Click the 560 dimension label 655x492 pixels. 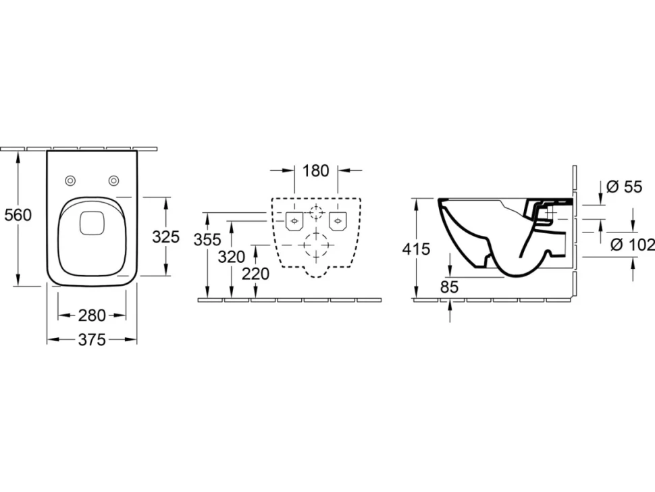tap(18, 215)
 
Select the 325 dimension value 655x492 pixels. tap(166, 237)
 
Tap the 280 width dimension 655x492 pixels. tap(92, 316)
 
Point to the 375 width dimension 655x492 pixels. tap(92, 340)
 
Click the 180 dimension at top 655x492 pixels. tap(316, 170)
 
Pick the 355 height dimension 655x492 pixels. tap(207, 239)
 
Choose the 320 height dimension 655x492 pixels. tap(232, 257)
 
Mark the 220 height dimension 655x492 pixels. tap(256, 274)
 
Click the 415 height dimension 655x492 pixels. tap(416, 249)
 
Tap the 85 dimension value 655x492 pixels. tap(450, 287)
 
